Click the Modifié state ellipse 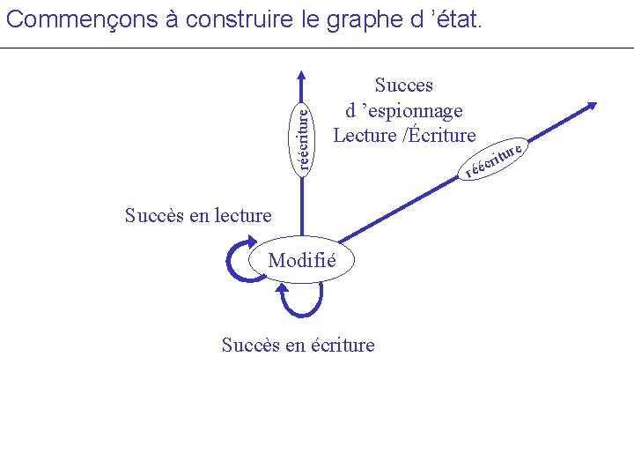click(x=302, y=260)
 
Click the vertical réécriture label click(x=303, y=137)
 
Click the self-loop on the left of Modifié click(x=241, y=262)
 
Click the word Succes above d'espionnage click(x=404, y=86)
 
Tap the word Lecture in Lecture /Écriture click(x=365, y=135)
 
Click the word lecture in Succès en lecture click(x=240, y=215)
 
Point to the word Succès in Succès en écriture click(x=250, y=345)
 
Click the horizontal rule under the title click(x=317, y=48)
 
